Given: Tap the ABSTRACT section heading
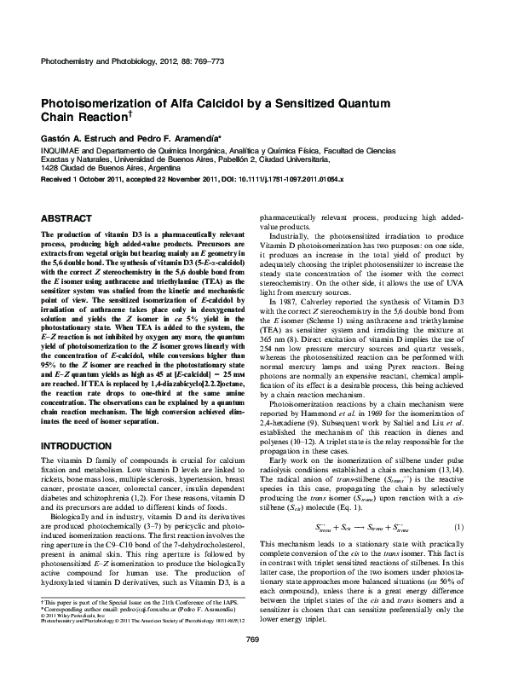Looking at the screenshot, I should pos(67,219).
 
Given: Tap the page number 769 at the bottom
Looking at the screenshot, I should pos(252,663).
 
